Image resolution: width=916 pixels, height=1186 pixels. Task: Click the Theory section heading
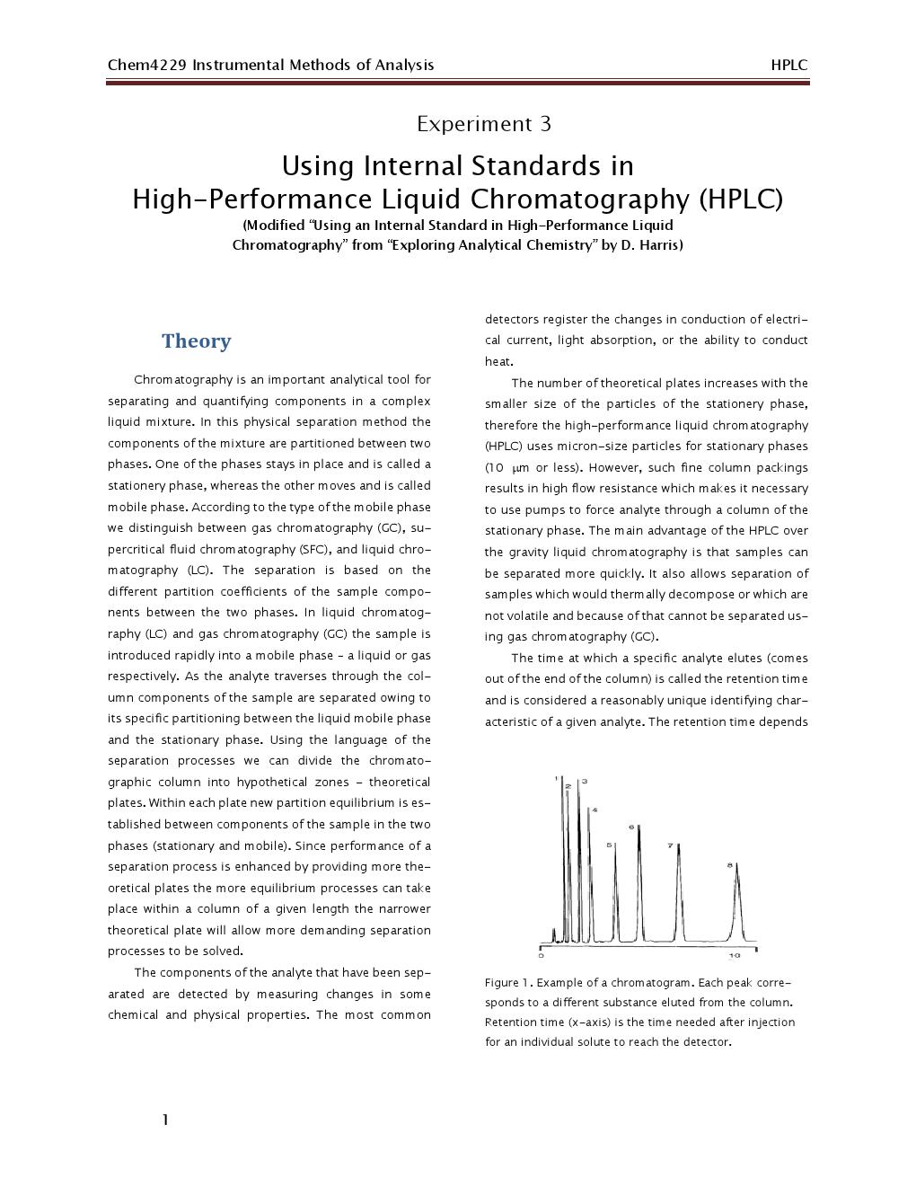click(196, 341)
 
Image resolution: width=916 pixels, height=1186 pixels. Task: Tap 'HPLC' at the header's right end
click(788, 65)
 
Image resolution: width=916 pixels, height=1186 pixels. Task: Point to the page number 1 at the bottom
click(165, 1120)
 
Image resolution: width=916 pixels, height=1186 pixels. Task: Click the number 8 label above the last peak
click(729, 865)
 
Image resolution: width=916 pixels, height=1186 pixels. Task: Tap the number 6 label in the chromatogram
click(631, 827)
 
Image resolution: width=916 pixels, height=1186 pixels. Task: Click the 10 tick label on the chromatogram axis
click(734, 955)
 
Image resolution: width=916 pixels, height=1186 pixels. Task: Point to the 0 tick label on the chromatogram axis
click(541, 955)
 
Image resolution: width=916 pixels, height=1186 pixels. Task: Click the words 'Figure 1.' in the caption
click(508, 983)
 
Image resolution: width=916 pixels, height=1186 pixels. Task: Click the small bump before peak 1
click(554, 934)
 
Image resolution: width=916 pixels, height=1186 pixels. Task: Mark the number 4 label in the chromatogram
click(594, 810)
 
